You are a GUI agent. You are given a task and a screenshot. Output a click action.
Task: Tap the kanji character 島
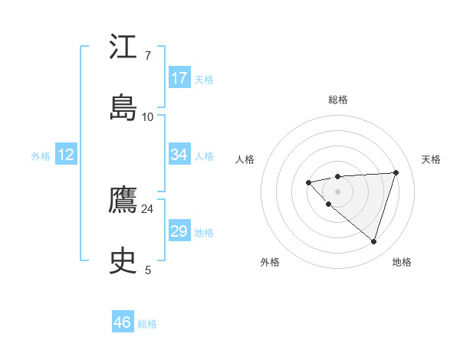pyautogui.click(x=123, y=108)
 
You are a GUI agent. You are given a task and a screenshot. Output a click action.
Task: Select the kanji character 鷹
pyautogui.click(x=123, y=201)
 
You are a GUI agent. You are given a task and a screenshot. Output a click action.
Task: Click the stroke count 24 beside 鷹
pyautogui.click(x=147, y=208)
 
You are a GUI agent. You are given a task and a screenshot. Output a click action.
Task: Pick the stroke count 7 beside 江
pyautogui.click(x=147, y=55)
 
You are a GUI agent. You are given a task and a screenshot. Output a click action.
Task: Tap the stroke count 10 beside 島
pyautogui.click(x=147, y=116)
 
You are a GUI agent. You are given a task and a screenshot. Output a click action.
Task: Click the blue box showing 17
pyautogui.click(x=179, y=77)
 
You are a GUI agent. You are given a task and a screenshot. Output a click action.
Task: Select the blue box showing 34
pyautogui.click(x=179, y=155)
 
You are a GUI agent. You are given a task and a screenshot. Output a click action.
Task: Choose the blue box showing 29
pyautogui.click(x=179, y=231)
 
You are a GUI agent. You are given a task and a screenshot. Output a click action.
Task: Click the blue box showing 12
pyautogui.click(x=66, y=155)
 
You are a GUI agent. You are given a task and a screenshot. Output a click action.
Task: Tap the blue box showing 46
pyautogui.click(x=123, y=322)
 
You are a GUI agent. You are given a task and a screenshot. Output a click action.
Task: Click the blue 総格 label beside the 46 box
pyautogui.click(x=147, y=324)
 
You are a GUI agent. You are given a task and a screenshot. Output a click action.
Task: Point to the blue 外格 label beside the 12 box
pyautogui.click(x=41, y=156)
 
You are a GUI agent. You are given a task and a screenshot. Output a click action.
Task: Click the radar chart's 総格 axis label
pyautogui.click(x=338, y=100)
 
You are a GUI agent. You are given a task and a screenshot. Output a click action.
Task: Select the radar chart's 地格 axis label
pyautogui.click(x=402, y=262)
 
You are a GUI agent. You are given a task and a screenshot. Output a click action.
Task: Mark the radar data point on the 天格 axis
pyautogui.click(x=396, y=172)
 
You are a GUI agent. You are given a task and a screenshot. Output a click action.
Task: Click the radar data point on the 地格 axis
pyautogui.click(x=373, y=241)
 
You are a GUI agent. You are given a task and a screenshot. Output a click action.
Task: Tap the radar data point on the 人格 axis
pyautogui.click(x=308, y=182)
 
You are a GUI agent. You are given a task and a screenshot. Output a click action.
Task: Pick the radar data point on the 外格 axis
pyautogui.click(x=328, y=205)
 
